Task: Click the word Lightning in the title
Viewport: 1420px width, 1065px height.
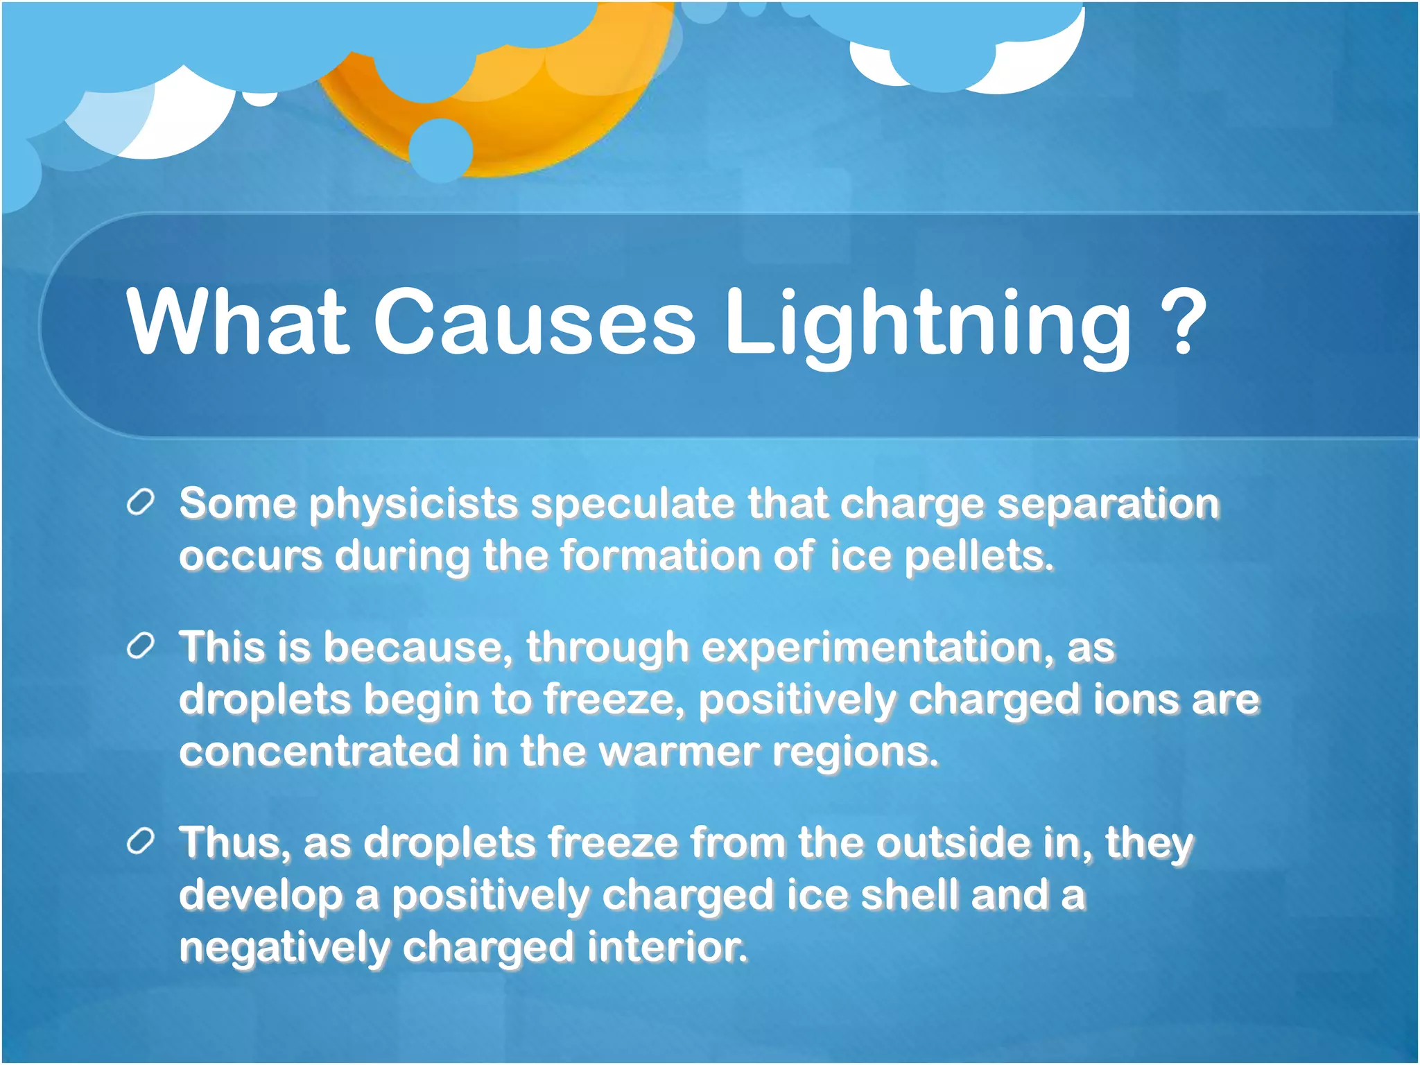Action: point(927,323)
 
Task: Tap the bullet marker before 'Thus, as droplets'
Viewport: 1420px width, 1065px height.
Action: point(140,842)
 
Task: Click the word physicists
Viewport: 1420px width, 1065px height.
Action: point(413,504)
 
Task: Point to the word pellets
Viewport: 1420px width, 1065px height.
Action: point(978,556)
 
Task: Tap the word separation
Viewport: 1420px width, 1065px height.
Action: point(1107,503)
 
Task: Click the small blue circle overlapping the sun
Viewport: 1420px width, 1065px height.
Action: point(441,150)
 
